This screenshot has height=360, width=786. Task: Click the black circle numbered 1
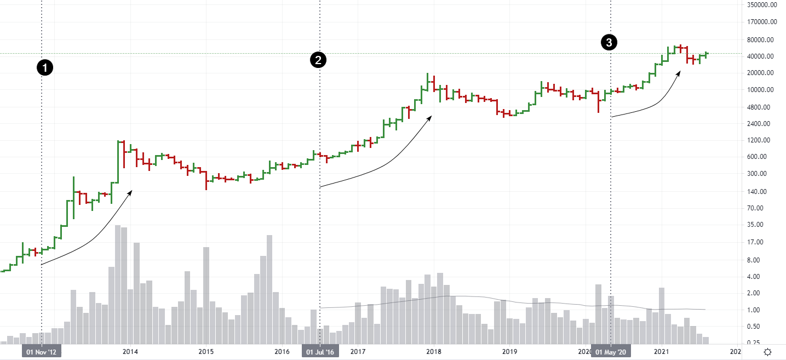coord(45,68)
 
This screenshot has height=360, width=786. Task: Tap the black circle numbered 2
coord(318,60)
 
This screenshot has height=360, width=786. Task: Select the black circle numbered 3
coord(609,42)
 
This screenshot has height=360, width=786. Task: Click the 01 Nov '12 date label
coord(42,351)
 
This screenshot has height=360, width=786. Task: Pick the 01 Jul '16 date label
coord(320,351)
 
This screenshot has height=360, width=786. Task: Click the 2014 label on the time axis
coord(130,351)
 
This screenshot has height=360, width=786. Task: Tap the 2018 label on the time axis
coord(434,351)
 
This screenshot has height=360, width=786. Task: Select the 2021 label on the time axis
coord(663,351)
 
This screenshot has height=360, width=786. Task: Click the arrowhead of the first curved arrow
coord(131,191)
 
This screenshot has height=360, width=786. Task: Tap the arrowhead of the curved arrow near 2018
coord(431,116)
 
